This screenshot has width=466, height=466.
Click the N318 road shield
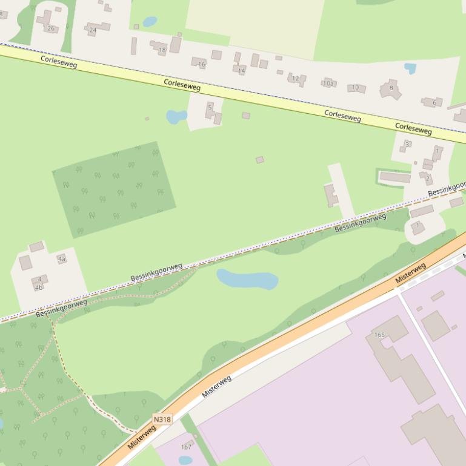pos(162,419)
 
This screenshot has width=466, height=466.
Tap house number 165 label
pos(379,335)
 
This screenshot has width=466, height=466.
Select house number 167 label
pos(186,447)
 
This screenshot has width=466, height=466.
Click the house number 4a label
pos(61,259)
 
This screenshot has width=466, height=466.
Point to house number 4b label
pos(39,287)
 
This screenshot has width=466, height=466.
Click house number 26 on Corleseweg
pos(51,28)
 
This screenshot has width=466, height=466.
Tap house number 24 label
pos(93,30)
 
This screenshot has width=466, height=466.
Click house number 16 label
pos(202,64)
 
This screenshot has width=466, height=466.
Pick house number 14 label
pos(241,71)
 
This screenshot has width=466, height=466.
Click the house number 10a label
pos(328,84)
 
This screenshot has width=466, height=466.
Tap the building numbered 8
pos(391,88)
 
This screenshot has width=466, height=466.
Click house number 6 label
pos(434,103)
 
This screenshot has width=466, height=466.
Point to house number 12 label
pos(295,79)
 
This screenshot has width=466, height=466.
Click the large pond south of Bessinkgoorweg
pos(247,279)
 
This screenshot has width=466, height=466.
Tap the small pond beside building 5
pos(176,116)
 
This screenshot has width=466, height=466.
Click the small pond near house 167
pos(185,460)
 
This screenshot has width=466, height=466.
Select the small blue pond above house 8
pos(410,68)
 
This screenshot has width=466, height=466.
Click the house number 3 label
pos(407,144)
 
